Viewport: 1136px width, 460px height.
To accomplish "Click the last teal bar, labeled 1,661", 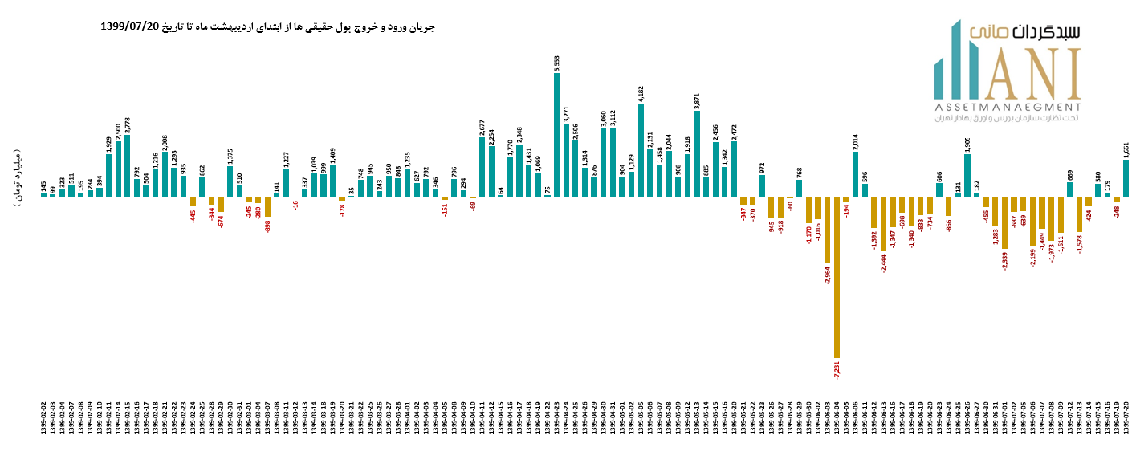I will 1126,178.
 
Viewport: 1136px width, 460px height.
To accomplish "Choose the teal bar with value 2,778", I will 128,165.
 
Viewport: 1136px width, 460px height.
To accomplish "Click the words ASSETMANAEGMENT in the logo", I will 1007,107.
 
